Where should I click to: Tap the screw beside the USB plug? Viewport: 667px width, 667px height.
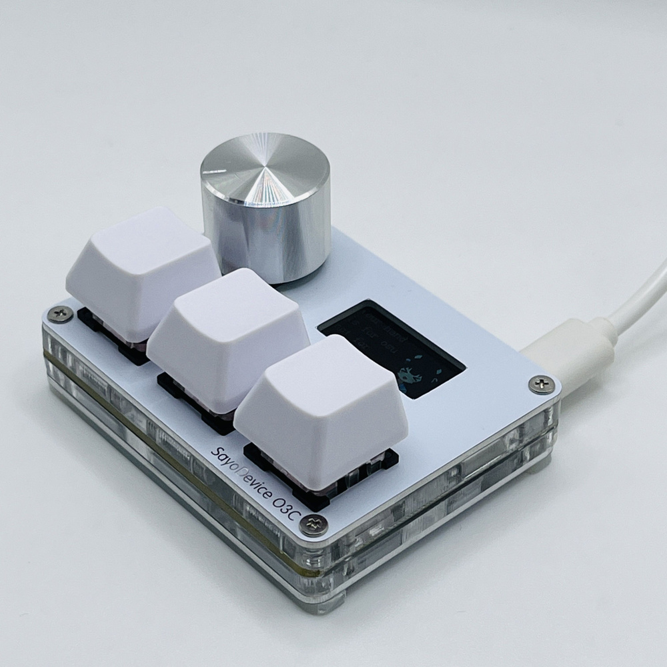pos(540,384)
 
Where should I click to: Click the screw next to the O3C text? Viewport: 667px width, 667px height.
pos(313,526)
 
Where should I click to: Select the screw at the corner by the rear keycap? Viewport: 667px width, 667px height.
pos(60,314)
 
